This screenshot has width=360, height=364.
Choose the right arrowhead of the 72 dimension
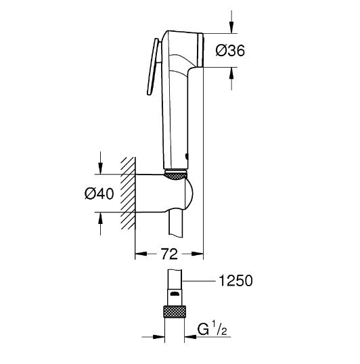[x=199, y=255]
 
